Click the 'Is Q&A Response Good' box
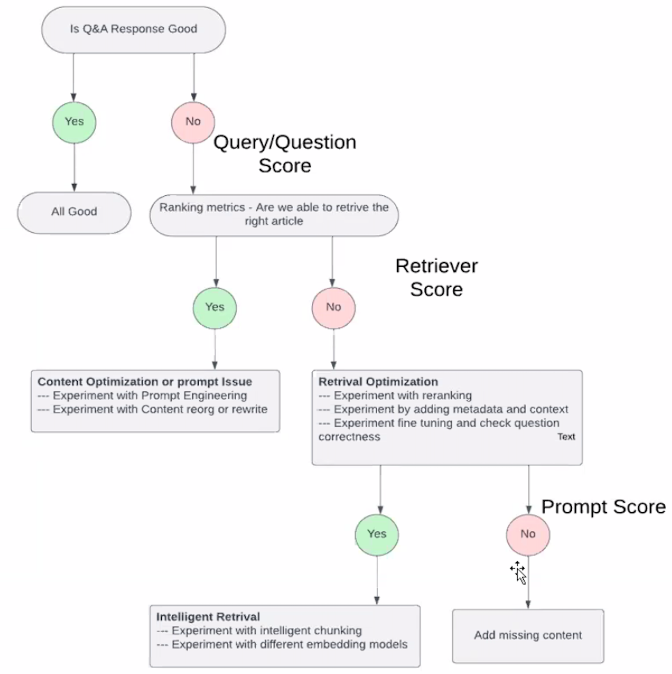tap(133, 30)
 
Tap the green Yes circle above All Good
tap(74, 122)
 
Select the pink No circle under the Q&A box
tap(193, 122)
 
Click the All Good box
tap(74, 212)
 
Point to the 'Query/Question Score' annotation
tap(285, 154)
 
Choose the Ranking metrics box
tap(274, 215)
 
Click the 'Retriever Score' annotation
tap(437, 277)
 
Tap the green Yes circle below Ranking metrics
tap(215, 308)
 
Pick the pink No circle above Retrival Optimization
tap(334, 308)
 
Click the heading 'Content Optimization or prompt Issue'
tap(145, 382)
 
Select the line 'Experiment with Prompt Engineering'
tap(143, 396)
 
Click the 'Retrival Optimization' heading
tap(378, 382)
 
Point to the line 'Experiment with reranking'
tap(395, 396)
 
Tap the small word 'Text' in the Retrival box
tap(566, 437)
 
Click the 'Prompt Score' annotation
tap(603, 507)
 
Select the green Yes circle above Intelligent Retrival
tap(377, 535)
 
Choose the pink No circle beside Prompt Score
tap(528, 535)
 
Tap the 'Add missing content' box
tap(528, 636)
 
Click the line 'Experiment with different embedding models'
tap(282, 644)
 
